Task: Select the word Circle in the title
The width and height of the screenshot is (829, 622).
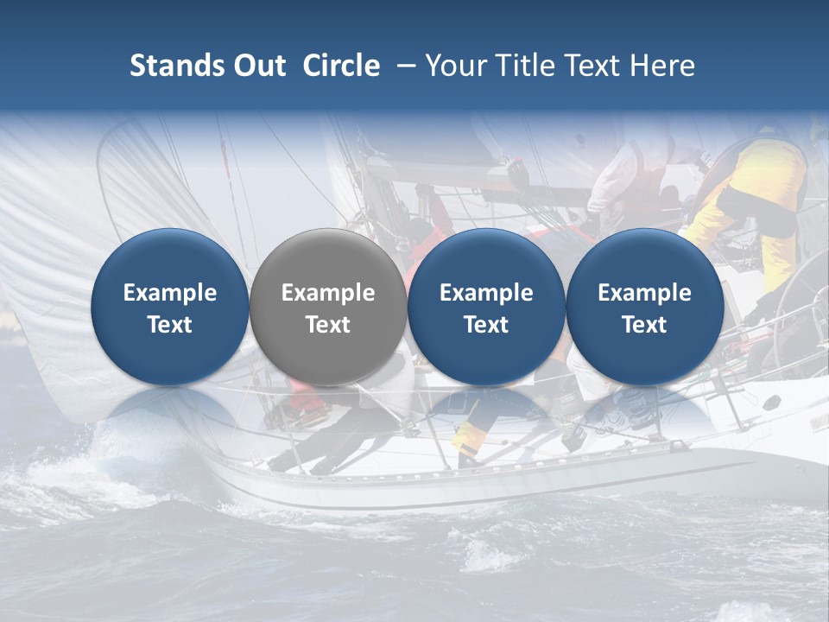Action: (x=341, y=66)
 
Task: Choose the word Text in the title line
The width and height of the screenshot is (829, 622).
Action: (x=596, y=66)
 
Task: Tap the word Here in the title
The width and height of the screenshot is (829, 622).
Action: (x=663, y=66)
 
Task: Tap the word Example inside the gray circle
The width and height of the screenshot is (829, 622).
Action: (x=328, y=293)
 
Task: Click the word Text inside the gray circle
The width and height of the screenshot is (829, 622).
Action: (x=328, y=325)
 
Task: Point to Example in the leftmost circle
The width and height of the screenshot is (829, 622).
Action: (x=169, y=293)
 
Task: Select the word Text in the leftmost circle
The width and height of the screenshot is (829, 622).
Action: (x=169, y=325)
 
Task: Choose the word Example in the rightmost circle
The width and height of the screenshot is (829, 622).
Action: (x=644, y=293)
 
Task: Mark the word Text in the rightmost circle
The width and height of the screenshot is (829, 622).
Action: (x=644, y=325)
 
